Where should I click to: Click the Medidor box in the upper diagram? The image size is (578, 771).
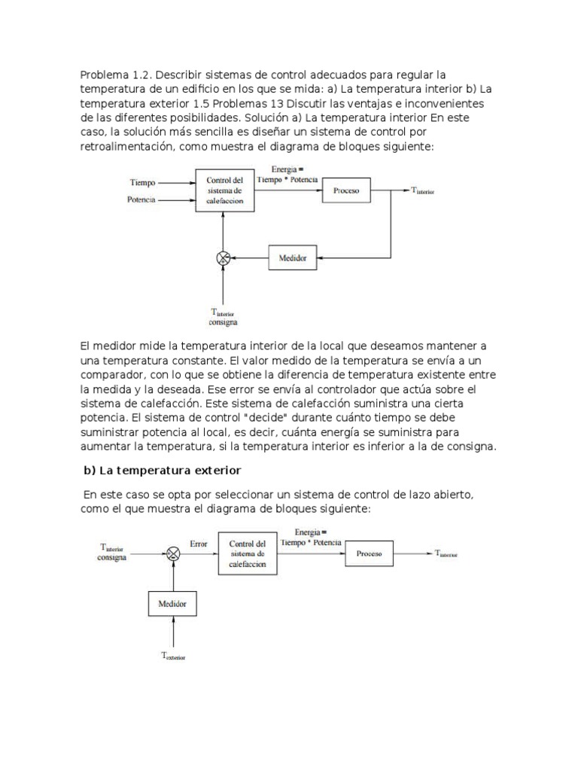coord(294,258)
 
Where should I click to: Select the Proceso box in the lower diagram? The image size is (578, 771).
coord(370,554)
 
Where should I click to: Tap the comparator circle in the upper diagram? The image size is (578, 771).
coord(224,258)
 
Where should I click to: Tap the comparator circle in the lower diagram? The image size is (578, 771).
coord(173,554)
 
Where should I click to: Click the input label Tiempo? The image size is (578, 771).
coord(143,183)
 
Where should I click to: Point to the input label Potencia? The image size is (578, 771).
coord(143,200)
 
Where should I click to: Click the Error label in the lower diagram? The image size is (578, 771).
coord(199,543)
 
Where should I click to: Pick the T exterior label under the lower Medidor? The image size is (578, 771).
coord(172,657)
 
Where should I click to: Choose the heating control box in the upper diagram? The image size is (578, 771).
coord(224,191)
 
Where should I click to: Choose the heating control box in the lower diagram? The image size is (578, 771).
coord(248,554)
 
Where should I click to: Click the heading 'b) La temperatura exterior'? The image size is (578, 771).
coord(161,471)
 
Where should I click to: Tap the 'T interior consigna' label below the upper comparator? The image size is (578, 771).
coord(224,317)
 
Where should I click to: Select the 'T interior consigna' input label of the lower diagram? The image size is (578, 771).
coord(113,553)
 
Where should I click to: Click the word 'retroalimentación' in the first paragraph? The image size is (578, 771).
coord(126,147)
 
